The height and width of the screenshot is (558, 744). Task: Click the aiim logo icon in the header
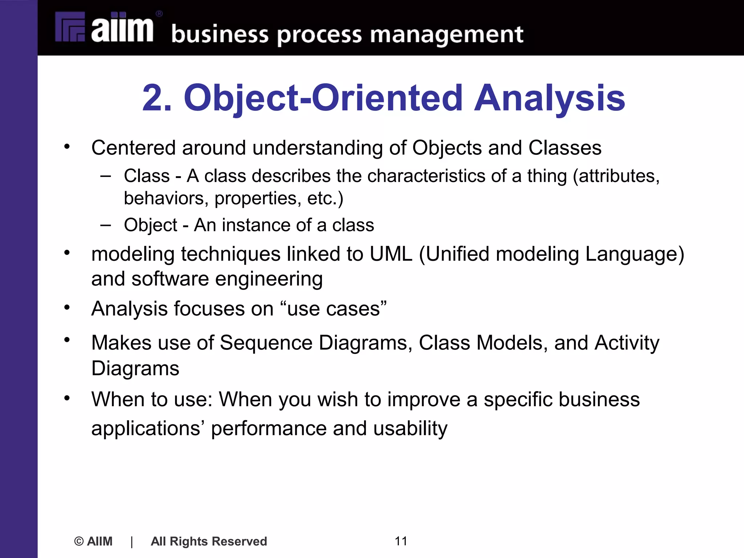point(70,27)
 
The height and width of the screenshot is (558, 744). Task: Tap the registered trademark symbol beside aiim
point(159,14)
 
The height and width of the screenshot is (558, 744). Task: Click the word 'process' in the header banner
point(319,35)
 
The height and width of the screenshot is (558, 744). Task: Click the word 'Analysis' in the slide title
point(550,98)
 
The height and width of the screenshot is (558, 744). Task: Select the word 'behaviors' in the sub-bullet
point(166,198)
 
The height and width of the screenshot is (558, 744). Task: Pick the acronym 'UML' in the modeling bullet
point(391,254)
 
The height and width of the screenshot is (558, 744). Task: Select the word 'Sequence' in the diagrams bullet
point(266,343)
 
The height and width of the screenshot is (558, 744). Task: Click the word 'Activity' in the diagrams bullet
point(627,343)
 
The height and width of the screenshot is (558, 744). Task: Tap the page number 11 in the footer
point(401,541)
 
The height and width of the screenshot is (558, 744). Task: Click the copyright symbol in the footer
point(79,541)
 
